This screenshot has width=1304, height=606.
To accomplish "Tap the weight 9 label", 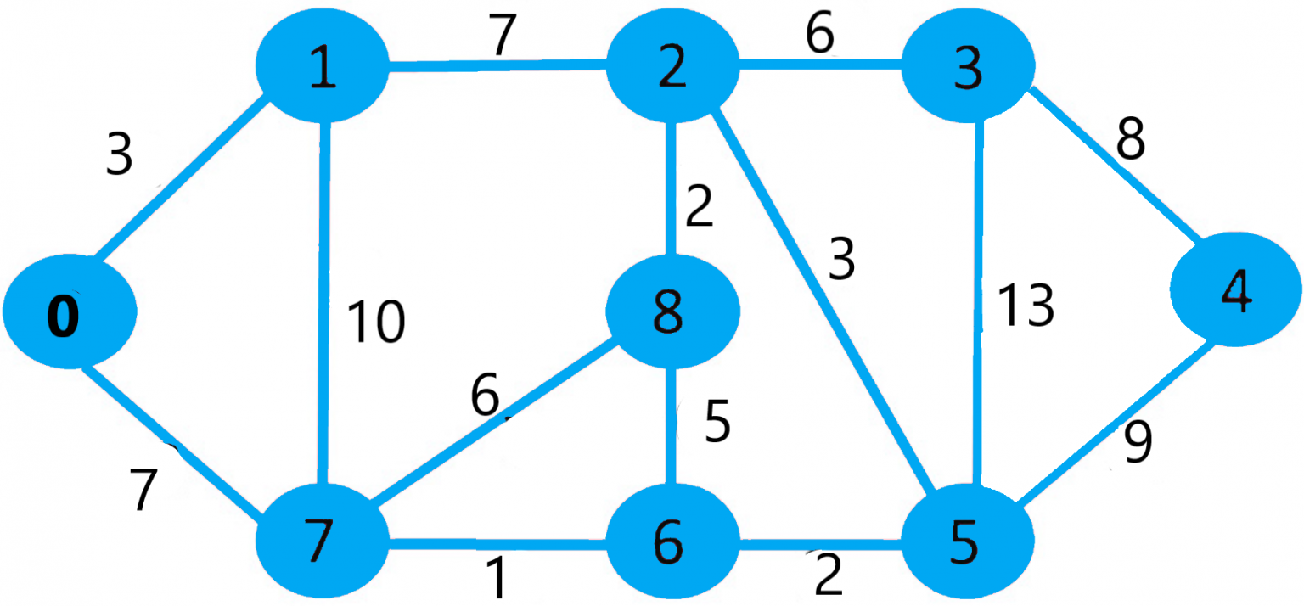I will pos(1138,443).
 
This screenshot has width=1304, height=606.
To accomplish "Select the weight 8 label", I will pos(1130,139).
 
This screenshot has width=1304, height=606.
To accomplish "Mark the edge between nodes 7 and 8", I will pos(492,424).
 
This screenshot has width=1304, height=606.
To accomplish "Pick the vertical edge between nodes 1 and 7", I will pos(323,306).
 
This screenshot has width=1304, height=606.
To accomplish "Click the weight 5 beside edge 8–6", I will pos(717,423).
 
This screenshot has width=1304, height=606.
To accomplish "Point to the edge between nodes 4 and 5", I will pos(1112,424).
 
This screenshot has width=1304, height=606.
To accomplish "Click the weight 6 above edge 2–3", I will pos(819,36).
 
